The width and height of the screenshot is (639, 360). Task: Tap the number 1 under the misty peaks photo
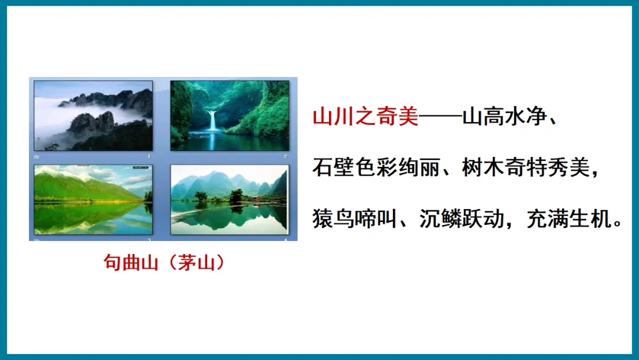coord(149,156)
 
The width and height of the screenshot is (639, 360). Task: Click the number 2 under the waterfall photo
coord(285,156)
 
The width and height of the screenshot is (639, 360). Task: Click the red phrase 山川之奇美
coord(365,117)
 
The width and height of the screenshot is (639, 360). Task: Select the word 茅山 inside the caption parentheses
coord(196,262)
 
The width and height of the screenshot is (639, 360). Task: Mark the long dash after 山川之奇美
coord(440,117)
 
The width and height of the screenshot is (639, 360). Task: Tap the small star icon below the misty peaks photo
coord(37,156)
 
